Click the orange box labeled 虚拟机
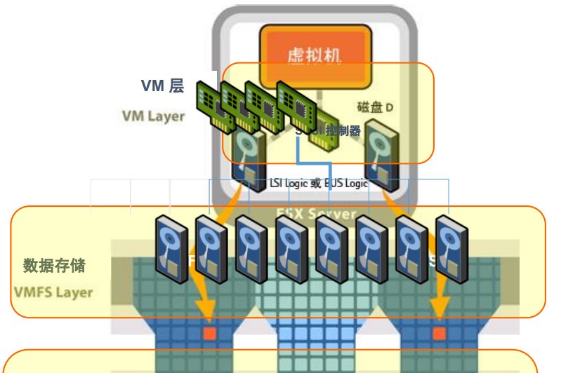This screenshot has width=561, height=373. [x=315, y=55]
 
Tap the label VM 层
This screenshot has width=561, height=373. [x=162, y=86]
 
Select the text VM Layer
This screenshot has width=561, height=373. [x=153, y=116]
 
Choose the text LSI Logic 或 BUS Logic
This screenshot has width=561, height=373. [x=319, y=183]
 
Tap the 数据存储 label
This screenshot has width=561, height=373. [x=54, y=266]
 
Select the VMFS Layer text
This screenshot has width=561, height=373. [x=53, y=292]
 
